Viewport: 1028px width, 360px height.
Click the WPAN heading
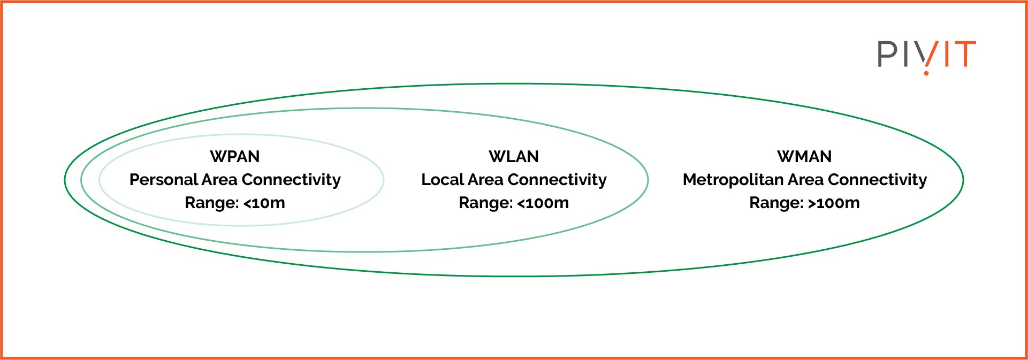point(235,157)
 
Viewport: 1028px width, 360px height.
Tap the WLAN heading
point(514,157)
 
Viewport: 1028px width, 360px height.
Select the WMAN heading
point(804,157)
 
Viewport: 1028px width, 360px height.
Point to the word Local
point(443,180)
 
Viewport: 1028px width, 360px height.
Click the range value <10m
point(264,203)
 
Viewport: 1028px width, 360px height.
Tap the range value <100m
point(543,203)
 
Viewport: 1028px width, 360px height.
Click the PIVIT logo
point(926,55)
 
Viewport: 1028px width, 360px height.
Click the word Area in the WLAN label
point(485,180)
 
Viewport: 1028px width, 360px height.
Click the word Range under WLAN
point(485,203)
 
